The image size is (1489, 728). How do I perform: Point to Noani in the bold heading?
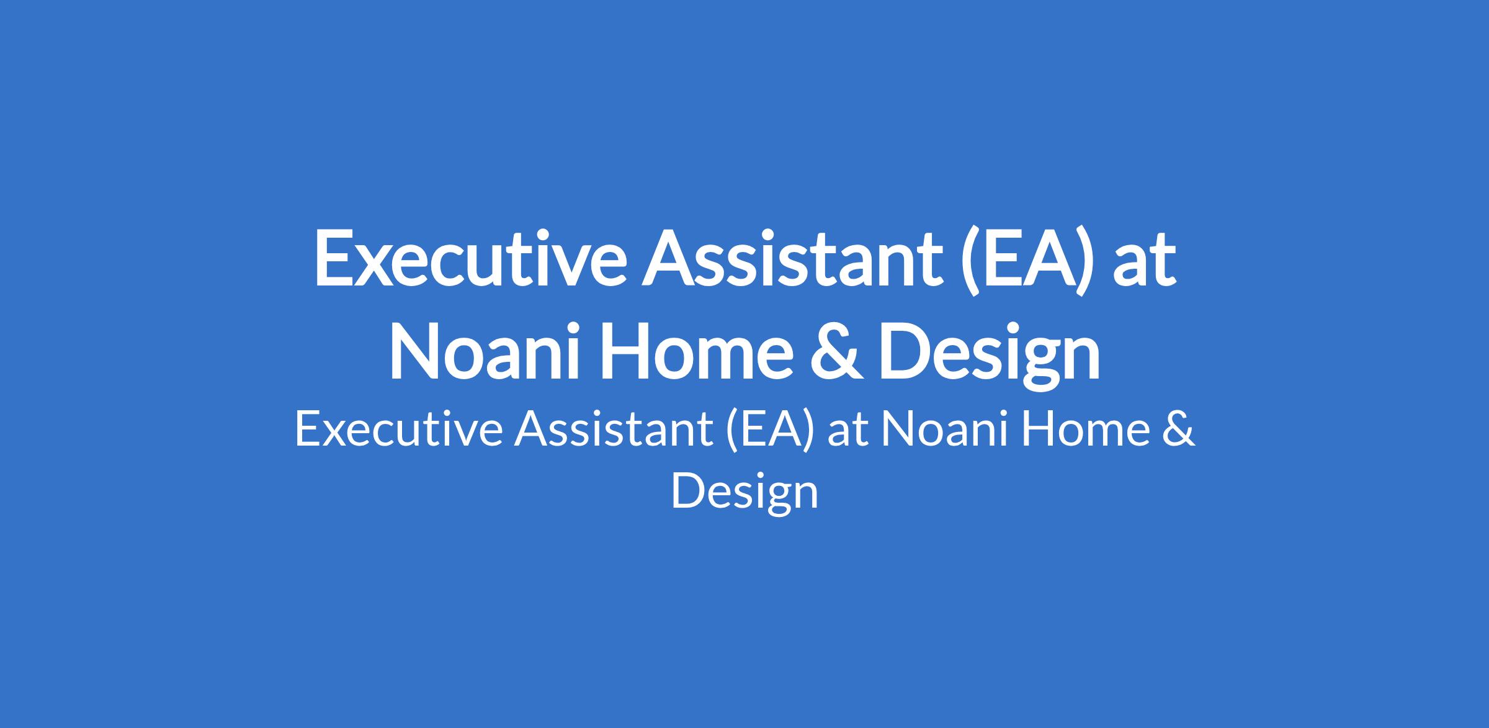[x=486, y=350]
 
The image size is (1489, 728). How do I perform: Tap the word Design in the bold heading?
[x=989, y=354]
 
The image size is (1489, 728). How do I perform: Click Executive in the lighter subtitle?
[x=398, y=429]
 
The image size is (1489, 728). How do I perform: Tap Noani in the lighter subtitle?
[x=944, y=429]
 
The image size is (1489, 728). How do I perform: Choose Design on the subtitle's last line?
[x=744, y=493]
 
